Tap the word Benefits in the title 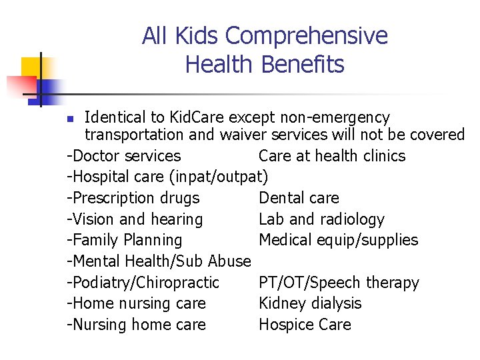coord(303,65)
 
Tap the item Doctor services coord(124,156)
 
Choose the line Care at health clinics coord(331,156)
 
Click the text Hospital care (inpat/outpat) coord(167,177)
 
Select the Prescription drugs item coord(133,198)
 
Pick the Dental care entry coord(298,198)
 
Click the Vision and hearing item coord(135,219)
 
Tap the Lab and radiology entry coord(321,219)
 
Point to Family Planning coord(125,240)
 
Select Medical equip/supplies coord(338,240)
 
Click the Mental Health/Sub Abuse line coord(159,261)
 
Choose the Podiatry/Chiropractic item coord(143,283)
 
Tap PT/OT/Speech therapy coord(339,283)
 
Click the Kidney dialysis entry coord(309,303)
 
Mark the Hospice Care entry coord(304,325)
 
